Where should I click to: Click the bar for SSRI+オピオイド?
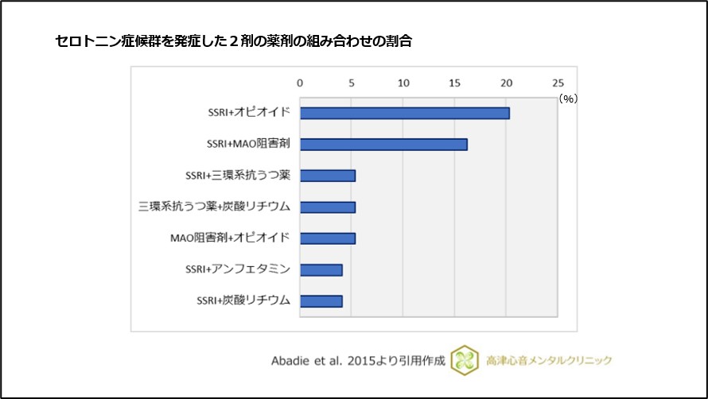(x=404, y=113)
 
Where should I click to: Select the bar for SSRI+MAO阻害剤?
(x=383, y=145)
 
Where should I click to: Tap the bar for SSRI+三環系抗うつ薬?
(x=327, y=176)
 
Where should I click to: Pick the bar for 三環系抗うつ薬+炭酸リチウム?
(x=327, y=207)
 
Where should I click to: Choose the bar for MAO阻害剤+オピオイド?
(x=327, y=238)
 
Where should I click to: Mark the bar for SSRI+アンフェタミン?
(x=321, y=270)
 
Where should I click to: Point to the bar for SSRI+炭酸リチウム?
(x=321, y=301)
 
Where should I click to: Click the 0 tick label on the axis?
(x=300, y=83)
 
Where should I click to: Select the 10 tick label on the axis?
(x=403, y=83)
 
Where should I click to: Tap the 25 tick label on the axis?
(x=557, y=83)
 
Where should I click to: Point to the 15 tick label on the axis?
(x=454, y=83)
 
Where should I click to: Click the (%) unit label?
(x=567, y=99)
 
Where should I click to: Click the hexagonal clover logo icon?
(x=465, y=361)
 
